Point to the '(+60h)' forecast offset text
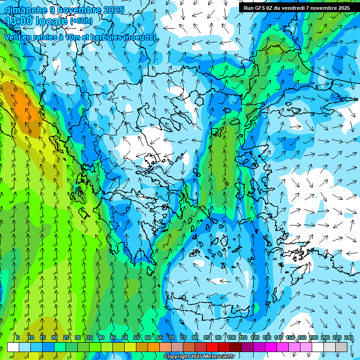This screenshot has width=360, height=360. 81,21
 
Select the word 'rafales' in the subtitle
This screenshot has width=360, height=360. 42,37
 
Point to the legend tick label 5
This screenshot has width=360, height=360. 18,337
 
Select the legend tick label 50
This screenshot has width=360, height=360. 125,337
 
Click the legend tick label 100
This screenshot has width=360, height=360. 232,337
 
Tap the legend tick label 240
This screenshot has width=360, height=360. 348,337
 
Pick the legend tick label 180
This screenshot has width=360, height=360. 314,337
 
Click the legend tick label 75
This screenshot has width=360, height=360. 183,337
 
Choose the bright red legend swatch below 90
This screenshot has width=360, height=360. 212,347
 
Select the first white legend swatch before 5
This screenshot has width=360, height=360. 13,347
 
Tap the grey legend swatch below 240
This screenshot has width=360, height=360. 341,347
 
